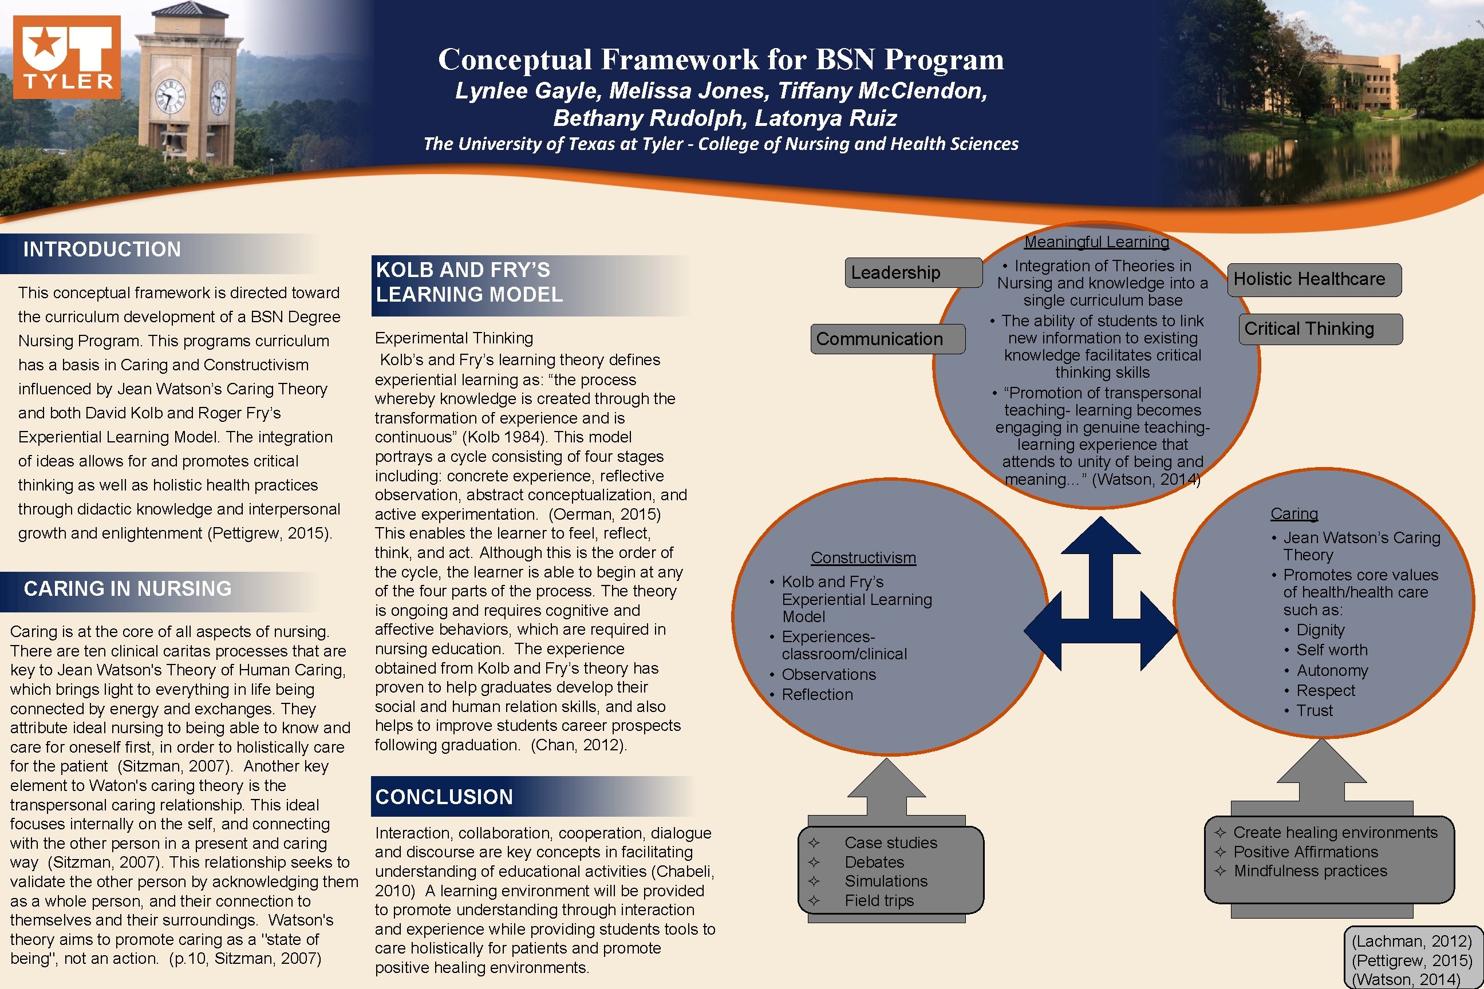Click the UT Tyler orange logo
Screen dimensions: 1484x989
pyautogui.click(x=67, y=57)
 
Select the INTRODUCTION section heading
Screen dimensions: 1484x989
pyautogui.click(x=102, y=250)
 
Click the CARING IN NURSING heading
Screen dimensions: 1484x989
pyautogui.click(x=128, y=588)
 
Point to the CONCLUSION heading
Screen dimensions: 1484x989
pyautogui.click(x=444, y=797)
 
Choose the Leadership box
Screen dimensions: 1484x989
pyautogui.click(x=913, y=272)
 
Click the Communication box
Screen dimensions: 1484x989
pyautogui.click(x=886, y=339)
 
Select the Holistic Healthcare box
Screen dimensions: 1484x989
pyautogui.click(x=1313, y=279)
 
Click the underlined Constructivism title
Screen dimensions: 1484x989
pyautogui.click(x=863, y=557)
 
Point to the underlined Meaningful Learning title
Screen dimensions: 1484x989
pyautogui.click(x=1096, y=242)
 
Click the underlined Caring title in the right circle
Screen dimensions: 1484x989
pyautogui.click(x=1294, y=513)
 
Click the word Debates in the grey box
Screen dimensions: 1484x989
pyautogui.click(x=874, y=861)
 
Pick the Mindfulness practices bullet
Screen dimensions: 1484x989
pyautogui.click(x=1310, y=871)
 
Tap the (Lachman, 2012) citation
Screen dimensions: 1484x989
pyautogui.click(x=1411, y=941)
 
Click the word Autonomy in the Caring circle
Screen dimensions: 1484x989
pyautogui.click(x=1332, y=670)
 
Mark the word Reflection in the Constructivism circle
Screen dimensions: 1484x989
pyautogui.click(x=817, y=694)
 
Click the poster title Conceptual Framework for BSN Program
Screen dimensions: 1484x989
pyautogui.click(x=721, y=60)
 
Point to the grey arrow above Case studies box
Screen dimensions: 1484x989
pyautogui.click(x=886, y=789)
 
